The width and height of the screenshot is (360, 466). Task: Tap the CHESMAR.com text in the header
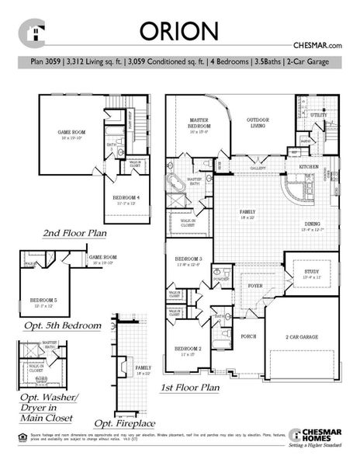[x=317, y=47]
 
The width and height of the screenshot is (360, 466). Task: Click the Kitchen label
[x=310, y=168]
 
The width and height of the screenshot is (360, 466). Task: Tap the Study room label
[x=312, y=272]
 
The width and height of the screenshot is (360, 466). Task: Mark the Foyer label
[x=234, y=286]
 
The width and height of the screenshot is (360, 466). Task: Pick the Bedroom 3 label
[x=189, y=259]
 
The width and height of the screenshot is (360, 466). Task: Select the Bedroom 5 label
[x=44, y=300]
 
